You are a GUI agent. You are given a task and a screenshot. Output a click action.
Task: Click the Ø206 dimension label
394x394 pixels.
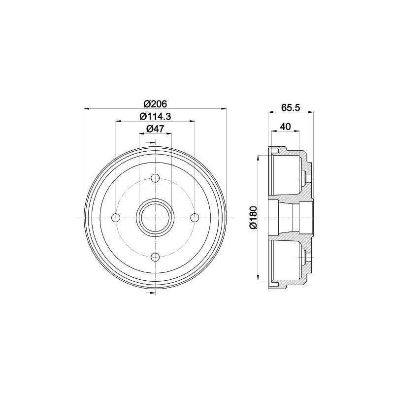(x=155, y=103)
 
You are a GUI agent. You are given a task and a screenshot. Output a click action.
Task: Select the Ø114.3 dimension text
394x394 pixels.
(x=155, y=116)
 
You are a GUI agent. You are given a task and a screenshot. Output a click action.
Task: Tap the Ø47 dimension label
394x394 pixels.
(x=155, y=129)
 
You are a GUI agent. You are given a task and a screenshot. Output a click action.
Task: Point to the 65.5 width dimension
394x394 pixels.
(x=291, y=107)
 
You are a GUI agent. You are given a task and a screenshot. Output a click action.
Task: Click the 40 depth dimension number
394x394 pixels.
(x=285, y=127)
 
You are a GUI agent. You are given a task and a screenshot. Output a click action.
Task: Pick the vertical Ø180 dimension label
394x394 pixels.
(x=253, y=218)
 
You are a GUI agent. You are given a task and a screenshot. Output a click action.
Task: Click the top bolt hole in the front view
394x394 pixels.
(x=155, y=178)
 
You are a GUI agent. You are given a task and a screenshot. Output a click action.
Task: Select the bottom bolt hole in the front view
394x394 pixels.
(x=155, y=257)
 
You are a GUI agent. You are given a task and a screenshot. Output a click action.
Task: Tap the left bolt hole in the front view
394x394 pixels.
(x=116, y=218)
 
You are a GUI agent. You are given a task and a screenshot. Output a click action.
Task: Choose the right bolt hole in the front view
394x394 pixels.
(x=195, y=218)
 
